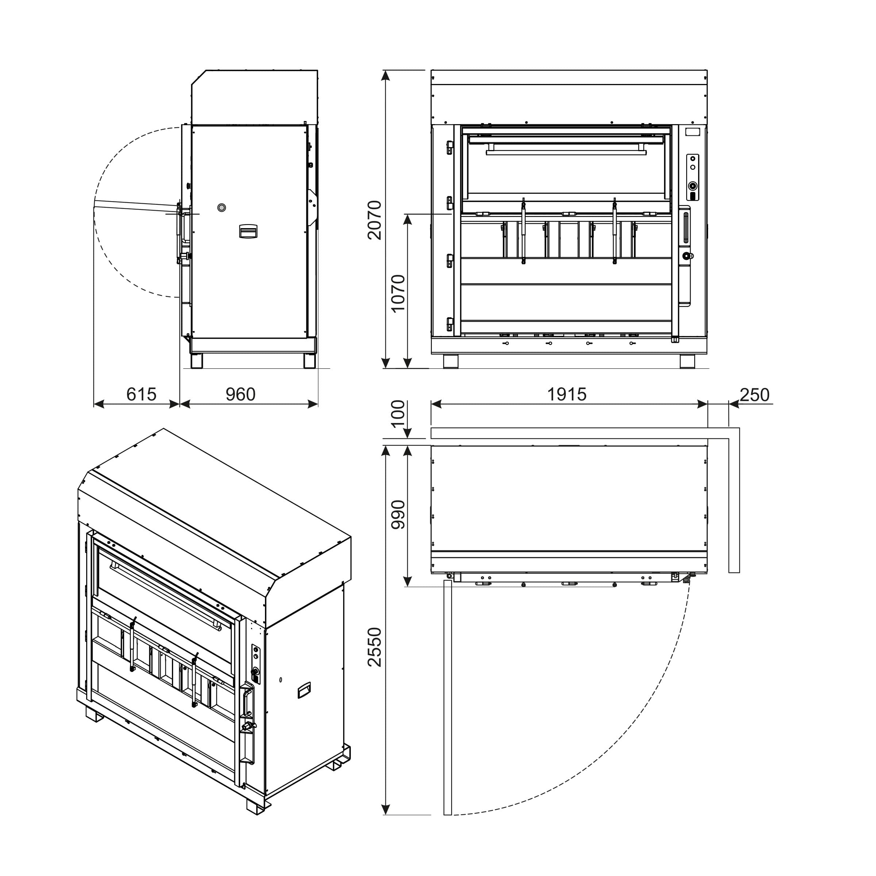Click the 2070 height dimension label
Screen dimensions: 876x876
tap(374, 220)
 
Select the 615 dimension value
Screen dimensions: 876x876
tap(142, 395)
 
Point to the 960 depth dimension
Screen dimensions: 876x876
tap(241, 395)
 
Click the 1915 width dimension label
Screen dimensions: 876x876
tap(567, 395)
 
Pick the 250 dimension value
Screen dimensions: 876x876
tap(755, 395)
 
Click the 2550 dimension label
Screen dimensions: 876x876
tap(374, 647)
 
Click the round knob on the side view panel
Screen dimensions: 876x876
tap(221, 208)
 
